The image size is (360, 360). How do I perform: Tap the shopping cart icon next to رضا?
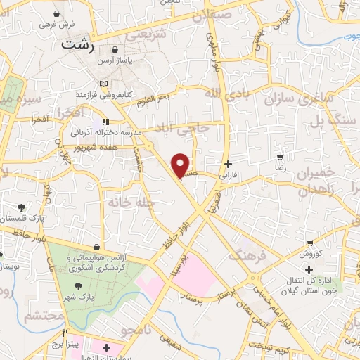(x=281, y=157)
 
